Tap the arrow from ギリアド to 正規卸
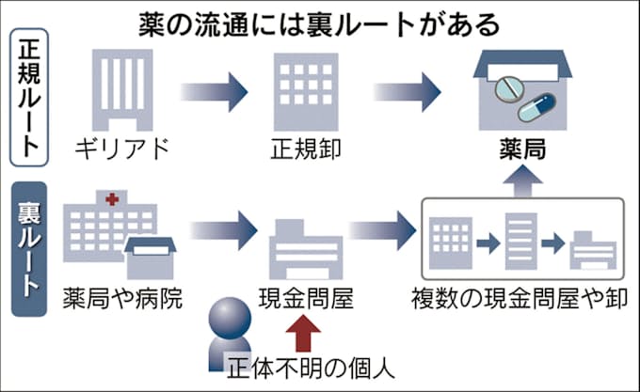[214, 92]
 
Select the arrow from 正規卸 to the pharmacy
[407, 92]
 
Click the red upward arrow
[305, 334]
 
